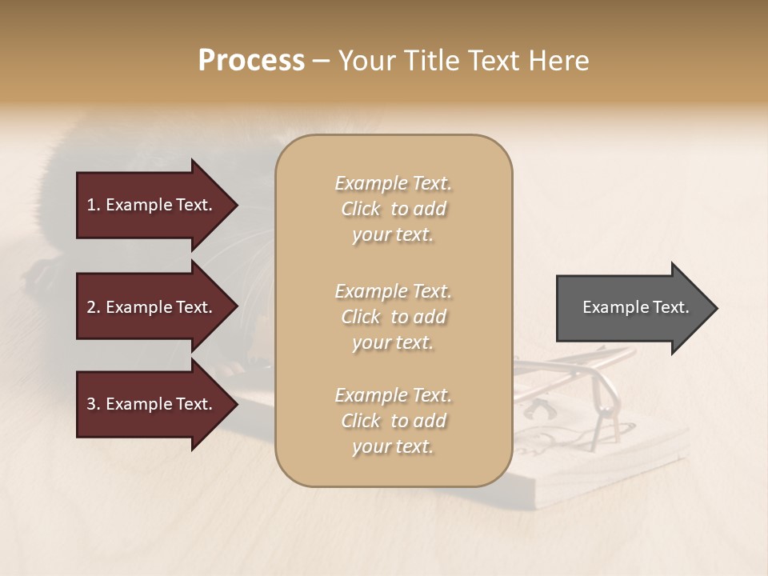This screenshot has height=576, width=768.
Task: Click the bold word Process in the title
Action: pos(251,61)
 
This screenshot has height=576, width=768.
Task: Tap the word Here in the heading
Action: pos(559,61)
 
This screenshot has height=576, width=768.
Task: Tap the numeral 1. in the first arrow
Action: pos(94,205)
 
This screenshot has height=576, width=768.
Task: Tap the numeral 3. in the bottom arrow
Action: pos(94,404)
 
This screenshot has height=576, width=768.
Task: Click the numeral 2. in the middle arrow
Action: pos(94,307)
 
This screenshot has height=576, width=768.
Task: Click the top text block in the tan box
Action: pos(393,209)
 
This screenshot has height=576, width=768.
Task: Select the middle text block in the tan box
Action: pos(393,317)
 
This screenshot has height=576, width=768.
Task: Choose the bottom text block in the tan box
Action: pos(393,421)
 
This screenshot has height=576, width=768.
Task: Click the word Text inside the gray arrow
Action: pos(670,307)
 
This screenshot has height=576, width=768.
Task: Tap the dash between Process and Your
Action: pos(322,61)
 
